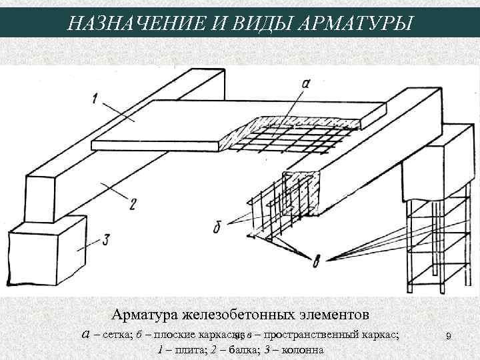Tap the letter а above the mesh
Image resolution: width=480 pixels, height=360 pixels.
(305, 84)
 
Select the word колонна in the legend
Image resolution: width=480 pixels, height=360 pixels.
(301, 351)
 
